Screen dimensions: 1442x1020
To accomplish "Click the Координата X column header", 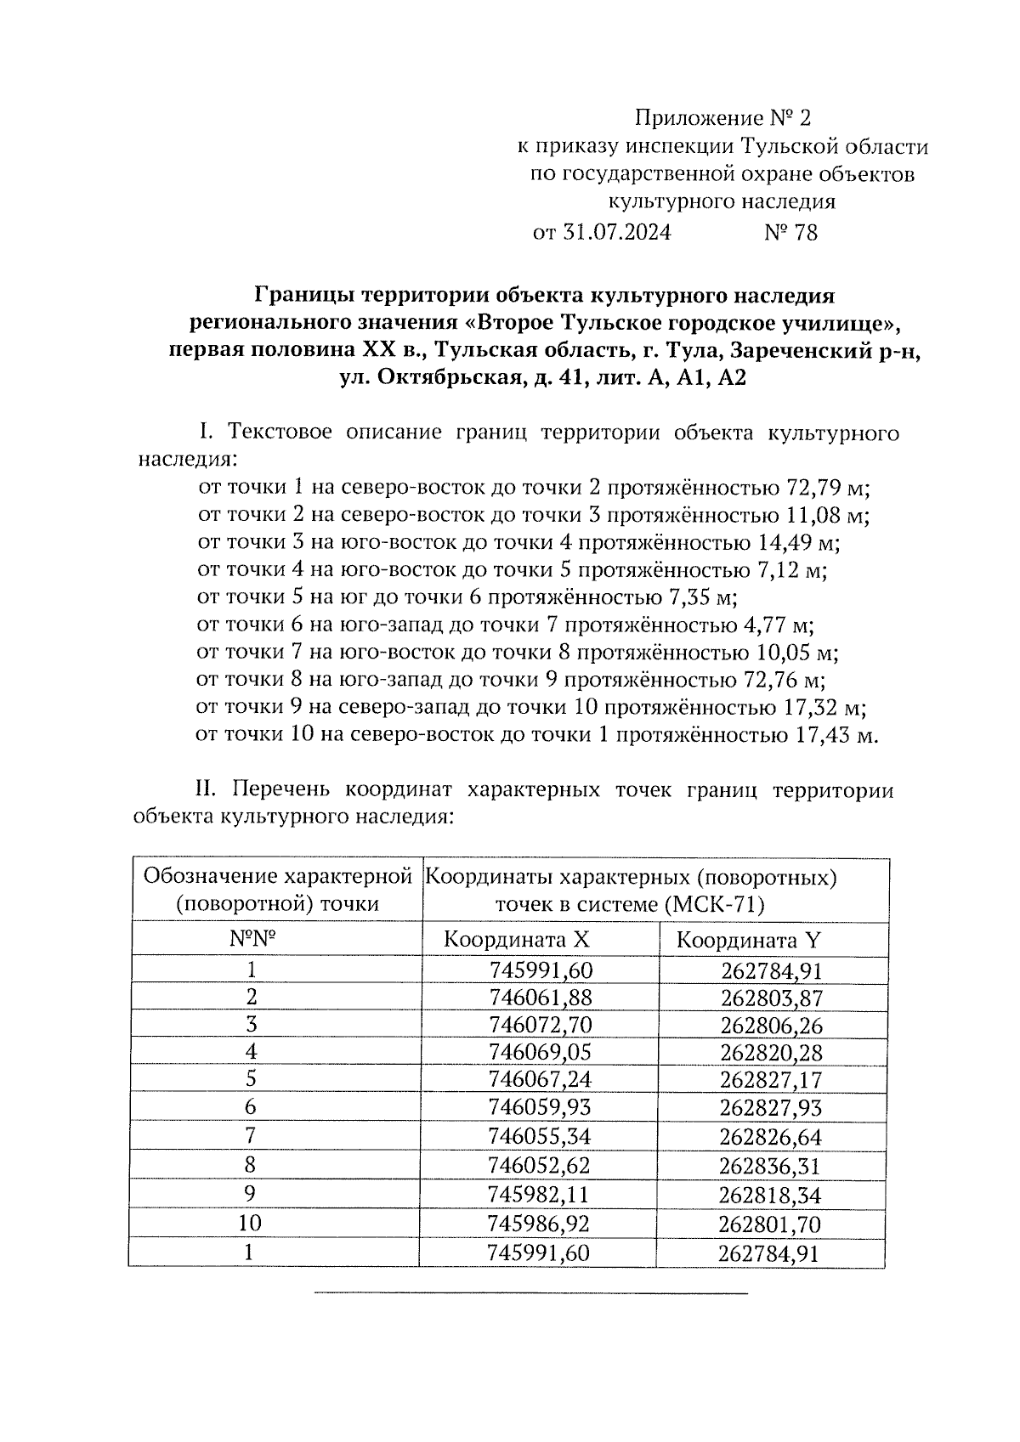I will [x=516, y=940].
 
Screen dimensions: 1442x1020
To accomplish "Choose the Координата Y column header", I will [x=748, y=940].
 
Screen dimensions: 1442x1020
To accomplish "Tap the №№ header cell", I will [x=254, y=939].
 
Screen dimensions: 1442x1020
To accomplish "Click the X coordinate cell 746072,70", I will [x=541, y=1025].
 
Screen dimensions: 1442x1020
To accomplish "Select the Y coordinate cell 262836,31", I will [x=770, y=1165].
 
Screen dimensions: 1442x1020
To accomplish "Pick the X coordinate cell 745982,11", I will [x=539, y=1194].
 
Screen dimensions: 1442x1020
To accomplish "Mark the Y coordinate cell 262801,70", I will [x=770, y=1224].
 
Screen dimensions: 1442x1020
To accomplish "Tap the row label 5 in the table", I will [x=250, y=1079].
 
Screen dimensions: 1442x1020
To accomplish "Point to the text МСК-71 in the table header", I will [x=715, y=904].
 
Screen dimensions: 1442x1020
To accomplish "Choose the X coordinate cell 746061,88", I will [x=541, y=997].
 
